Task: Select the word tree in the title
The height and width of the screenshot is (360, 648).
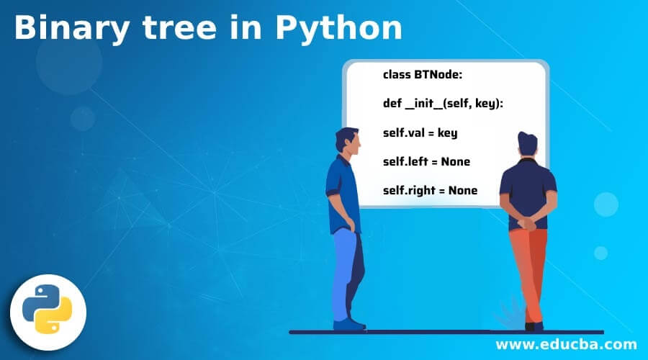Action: click(180, 28)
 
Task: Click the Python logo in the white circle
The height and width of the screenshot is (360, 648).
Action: click(47, 309)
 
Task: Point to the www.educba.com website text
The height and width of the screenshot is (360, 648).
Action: click(566, 344)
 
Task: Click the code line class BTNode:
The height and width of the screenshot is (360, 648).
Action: click(423, 74)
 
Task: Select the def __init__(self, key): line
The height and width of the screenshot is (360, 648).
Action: click(443, 104)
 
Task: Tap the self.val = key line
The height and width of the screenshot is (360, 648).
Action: click(420, 132)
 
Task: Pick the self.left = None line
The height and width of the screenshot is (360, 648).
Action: click(426, 161)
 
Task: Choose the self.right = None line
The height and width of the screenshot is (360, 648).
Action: click(431, 190)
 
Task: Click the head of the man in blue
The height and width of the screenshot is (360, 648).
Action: click(348, 141)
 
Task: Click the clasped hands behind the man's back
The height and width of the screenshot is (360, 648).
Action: click(526, 224)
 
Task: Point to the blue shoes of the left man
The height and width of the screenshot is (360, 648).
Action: click(348, 325)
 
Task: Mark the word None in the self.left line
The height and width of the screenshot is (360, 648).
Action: click(456, 161)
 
